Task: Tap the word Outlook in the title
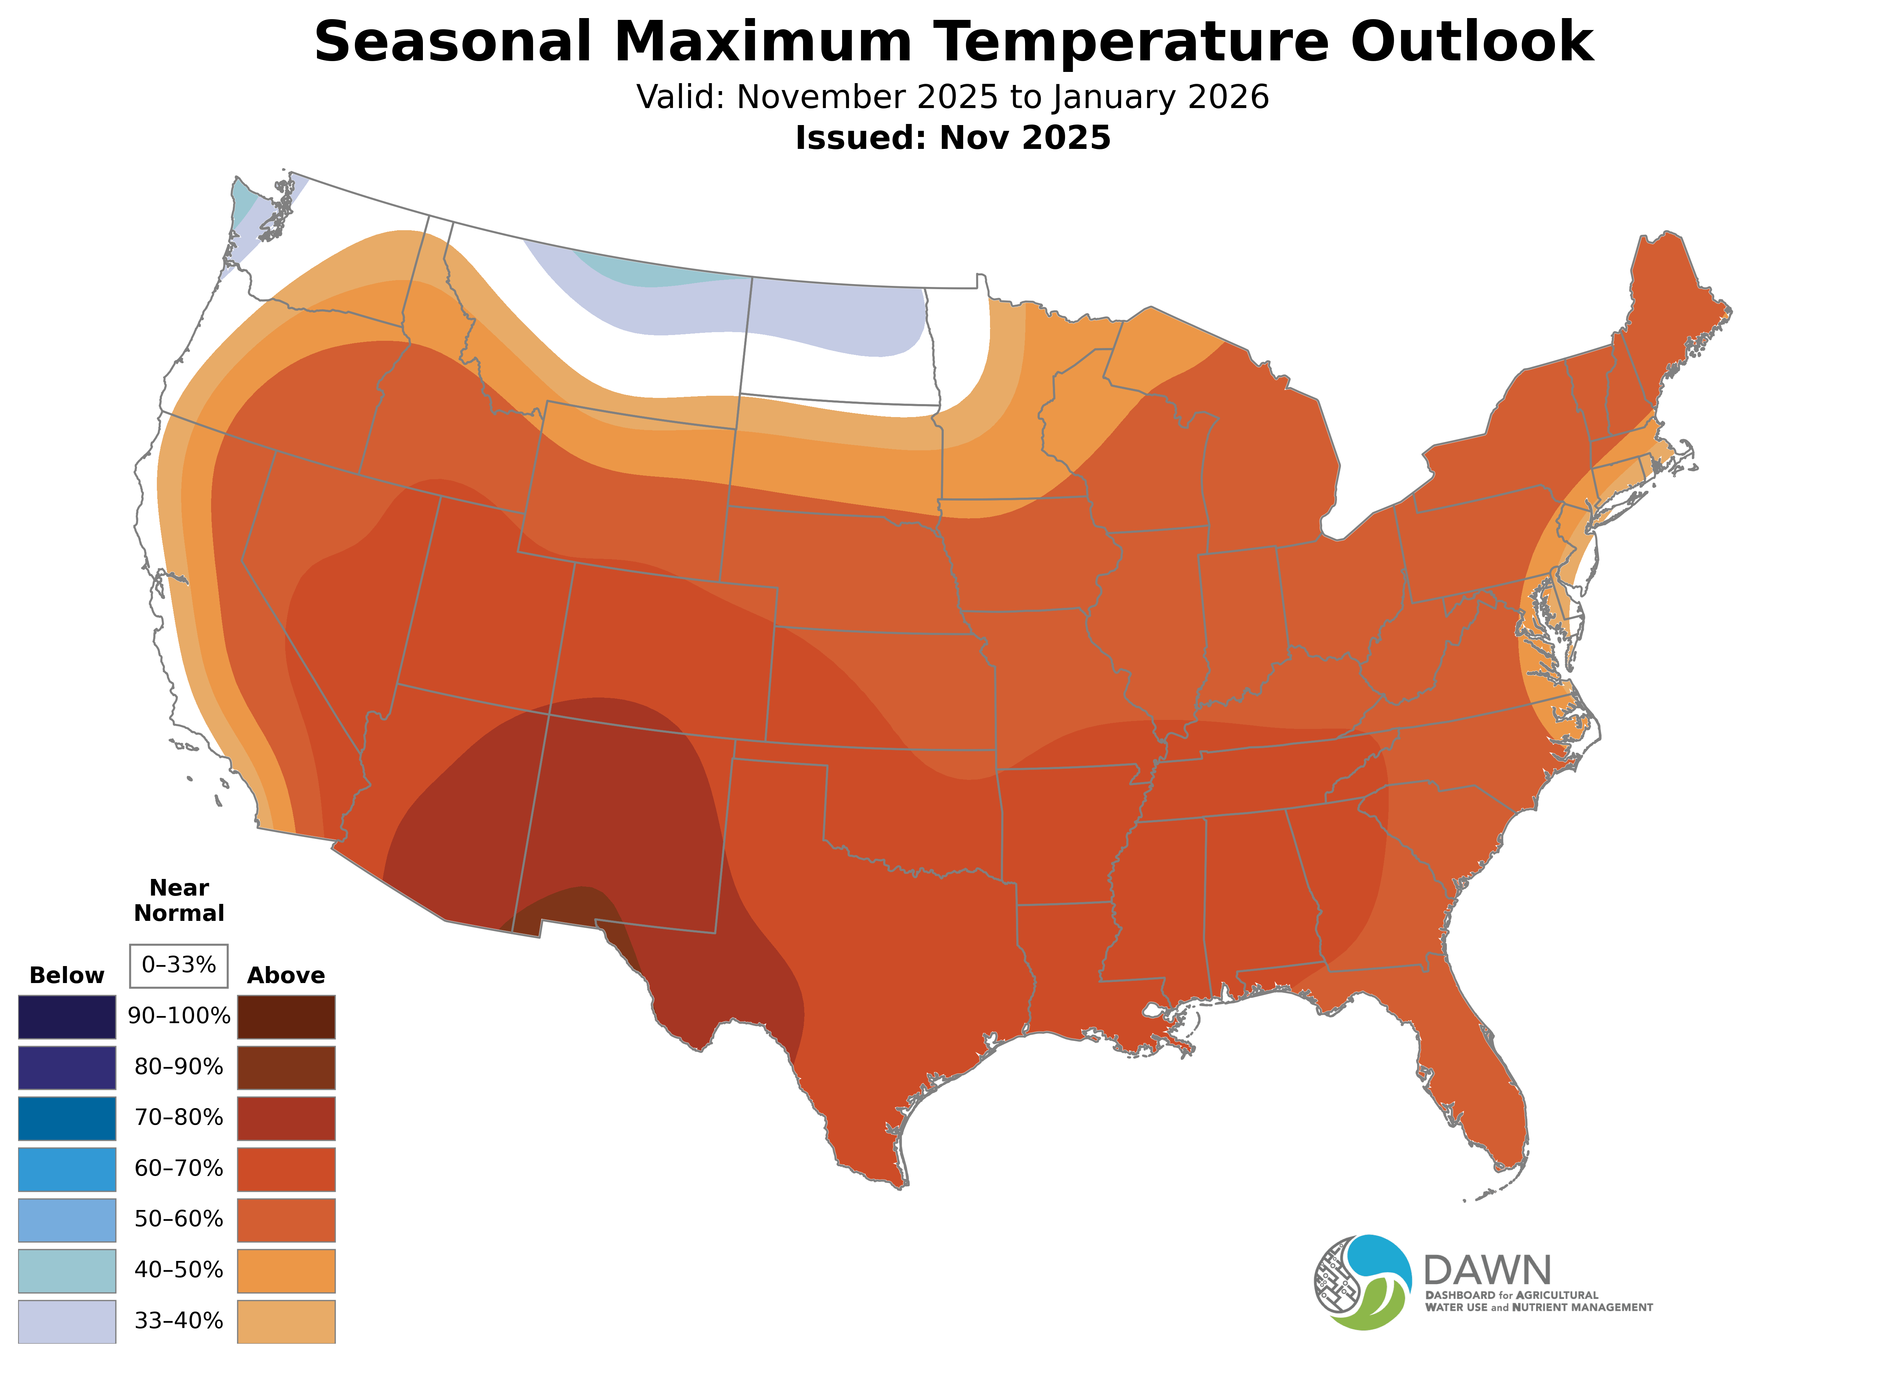[x=1471, y=42]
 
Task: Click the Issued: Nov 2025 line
[x=952, y=138]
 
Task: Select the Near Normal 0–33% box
[x=179, y=966]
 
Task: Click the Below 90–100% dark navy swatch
[x=67, y=1017]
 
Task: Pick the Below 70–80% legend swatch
[x=67, y=1118]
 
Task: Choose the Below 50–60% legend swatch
[x=67, y=1220]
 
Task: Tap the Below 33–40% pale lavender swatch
[x=67, y=1321]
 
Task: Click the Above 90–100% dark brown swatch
[x=286, y=1017]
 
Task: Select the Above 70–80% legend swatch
[x=286, y=1118]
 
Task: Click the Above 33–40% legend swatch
[x=286, y=1321]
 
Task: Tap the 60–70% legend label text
[x=179, y=1169]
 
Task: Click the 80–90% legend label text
[x=179, y=1067]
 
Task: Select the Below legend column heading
[x=67, y=976]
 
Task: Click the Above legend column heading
[x=286, y=976]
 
